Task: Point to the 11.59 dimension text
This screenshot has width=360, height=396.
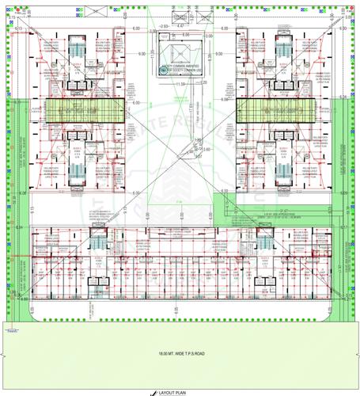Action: click(x=180, y=84)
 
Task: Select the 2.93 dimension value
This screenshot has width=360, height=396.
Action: click(x=164, y=26)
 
